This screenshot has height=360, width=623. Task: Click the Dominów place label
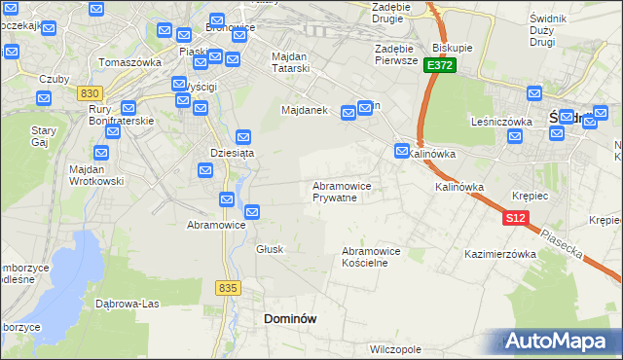pos(290,318)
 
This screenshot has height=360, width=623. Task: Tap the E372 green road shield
pos(439,64)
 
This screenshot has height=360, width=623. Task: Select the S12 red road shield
pos(516,219)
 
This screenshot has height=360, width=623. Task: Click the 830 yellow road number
pos(91,92)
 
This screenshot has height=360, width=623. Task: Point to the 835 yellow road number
pos(229,287)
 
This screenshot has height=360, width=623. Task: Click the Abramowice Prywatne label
pos(341,191)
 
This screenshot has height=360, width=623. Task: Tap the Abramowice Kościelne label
pos(371,257)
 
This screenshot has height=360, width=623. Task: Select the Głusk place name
pos(270,249)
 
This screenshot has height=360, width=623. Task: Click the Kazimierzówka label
pos(501,254)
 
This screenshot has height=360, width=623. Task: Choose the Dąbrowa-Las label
pos(127,303)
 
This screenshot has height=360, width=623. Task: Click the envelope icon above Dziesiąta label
pos(243,137)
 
